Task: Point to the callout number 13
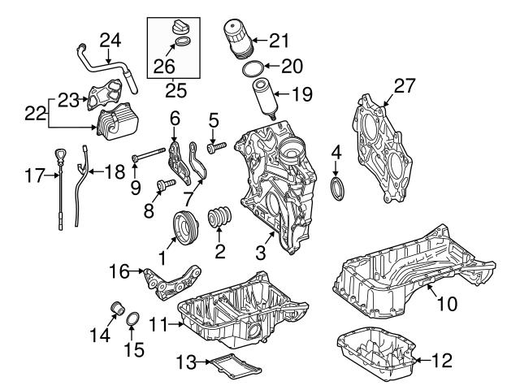pyautogui.click(x=187, y=360)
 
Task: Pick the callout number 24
pyautogui.click(x=110, y=38)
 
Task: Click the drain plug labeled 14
pyautogui.click(x=116, y=308)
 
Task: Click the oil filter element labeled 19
pyautogui.click(x=265, y=97)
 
